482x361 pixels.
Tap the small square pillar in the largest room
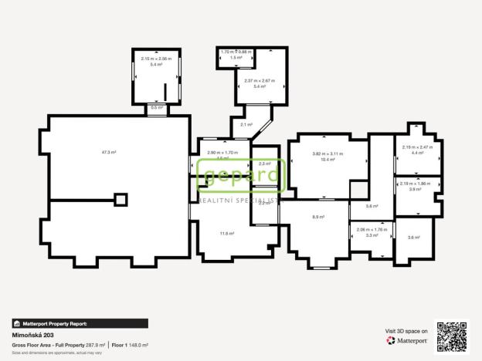(120, 199)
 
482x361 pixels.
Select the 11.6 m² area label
(226, 233)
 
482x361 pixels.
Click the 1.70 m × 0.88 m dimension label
(236, 52)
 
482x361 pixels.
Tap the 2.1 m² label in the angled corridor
(246, 124)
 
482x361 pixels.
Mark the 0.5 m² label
(156, 108)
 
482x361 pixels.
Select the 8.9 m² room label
(317, 218)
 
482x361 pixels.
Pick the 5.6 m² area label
(372, 206)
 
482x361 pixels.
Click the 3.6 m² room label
(413, 237)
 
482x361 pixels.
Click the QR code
(452, 336)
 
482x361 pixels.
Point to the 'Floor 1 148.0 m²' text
(130, 345)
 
